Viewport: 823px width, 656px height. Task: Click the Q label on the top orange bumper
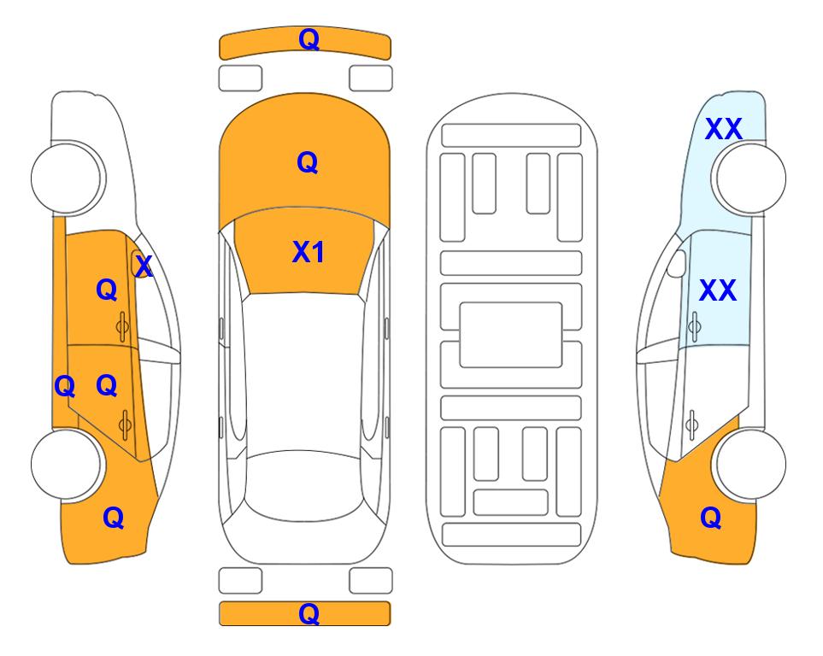309,39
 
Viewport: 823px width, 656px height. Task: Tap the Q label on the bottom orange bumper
309,613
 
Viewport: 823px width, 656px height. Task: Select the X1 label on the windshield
309,252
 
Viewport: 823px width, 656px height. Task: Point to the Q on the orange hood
308,162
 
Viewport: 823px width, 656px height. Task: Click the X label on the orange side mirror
144,266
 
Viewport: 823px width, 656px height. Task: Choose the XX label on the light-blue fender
723,129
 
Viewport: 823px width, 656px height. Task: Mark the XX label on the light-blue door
718,290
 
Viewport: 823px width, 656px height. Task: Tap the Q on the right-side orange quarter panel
711,518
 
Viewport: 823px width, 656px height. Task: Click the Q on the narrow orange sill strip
65,387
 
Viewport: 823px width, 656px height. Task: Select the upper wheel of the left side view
68,178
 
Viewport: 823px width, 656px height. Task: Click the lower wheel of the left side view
68,464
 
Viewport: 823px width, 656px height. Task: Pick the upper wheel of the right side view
750,178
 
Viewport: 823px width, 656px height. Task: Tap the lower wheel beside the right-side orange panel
750,464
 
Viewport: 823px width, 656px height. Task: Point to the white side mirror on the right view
677,263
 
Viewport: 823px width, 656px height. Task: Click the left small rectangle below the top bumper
240,79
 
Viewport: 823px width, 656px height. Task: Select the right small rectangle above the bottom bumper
371,581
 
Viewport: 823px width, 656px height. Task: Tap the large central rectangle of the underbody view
511,335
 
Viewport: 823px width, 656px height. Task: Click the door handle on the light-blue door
695,326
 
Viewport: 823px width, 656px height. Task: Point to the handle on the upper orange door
122,326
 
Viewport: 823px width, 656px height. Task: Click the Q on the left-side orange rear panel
114,518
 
